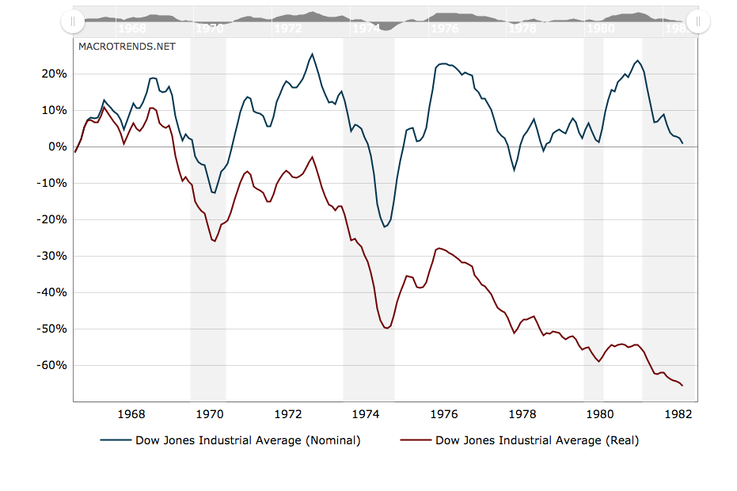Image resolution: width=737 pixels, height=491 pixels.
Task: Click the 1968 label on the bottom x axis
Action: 131,413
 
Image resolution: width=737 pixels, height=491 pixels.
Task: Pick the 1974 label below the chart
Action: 366,413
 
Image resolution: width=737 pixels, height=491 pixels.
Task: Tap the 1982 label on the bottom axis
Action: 678,413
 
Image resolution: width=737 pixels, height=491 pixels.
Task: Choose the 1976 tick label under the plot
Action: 444,413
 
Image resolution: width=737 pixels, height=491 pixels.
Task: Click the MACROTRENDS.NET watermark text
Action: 127,46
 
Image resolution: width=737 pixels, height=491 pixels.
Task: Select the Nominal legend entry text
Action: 248,440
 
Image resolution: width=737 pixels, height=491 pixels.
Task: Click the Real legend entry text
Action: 537,440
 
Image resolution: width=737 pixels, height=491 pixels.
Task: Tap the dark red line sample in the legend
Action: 416,440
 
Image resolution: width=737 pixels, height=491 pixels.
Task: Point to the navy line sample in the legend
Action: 116,440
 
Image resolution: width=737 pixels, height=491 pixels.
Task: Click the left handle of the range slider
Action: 72,21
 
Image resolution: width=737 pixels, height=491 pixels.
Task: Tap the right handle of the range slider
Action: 698,21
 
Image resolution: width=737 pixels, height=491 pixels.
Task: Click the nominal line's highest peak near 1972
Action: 312,54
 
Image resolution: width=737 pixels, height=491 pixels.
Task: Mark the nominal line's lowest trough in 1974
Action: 385,227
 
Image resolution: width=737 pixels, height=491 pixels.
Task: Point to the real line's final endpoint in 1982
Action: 682,386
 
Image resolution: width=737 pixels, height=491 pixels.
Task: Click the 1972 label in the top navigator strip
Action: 287,28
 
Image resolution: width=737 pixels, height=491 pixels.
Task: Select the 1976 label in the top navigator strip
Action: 444,28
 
